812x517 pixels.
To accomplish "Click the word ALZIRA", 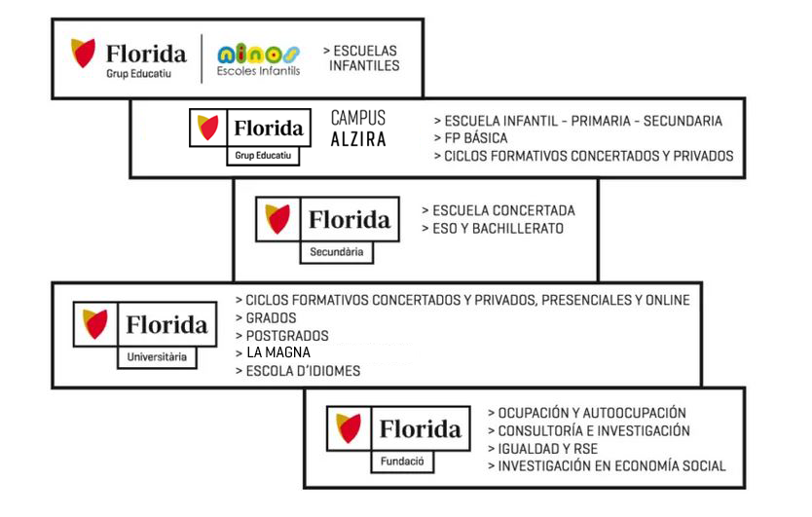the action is tap(358, 139).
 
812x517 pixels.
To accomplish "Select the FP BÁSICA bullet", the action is tap(470, 138).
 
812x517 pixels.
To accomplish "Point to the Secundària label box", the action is tap(337, 252).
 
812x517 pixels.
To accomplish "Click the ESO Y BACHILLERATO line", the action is tap(493, 229).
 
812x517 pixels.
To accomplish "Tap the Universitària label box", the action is tap(157, 357).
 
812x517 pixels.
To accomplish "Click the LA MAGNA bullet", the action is tap(273, 352).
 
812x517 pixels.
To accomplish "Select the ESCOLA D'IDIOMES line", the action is tap(298, 371).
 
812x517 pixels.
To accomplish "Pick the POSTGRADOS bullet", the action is tap(282, 336).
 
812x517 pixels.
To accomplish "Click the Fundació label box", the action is tap(402, 462).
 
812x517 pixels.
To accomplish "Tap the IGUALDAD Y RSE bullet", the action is tap(542, 449).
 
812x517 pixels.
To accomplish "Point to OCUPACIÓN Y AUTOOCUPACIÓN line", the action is tap(587, 413).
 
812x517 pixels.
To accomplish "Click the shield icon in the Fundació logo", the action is tap(348, 427).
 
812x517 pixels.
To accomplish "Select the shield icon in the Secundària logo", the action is tap(277, 218).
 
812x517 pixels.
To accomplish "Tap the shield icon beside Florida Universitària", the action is tap(95, 324).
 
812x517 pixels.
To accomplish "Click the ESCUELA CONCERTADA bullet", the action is tap(498, 211).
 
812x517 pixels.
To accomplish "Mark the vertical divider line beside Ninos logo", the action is tap(202, 58).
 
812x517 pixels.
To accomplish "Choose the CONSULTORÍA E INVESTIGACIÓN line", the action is tap(589, 431).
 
